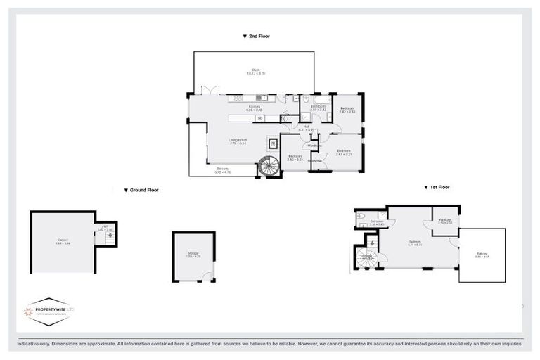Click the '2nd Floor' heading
[256, 36]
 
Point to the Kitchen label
[254, 108]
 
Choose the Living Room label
[239, 141]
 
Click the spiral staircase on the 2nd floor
[268, 166]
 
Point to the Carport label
[63, 241]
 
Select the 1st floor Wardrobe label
[444, 220]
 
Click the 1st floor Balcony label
[482, 255]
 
